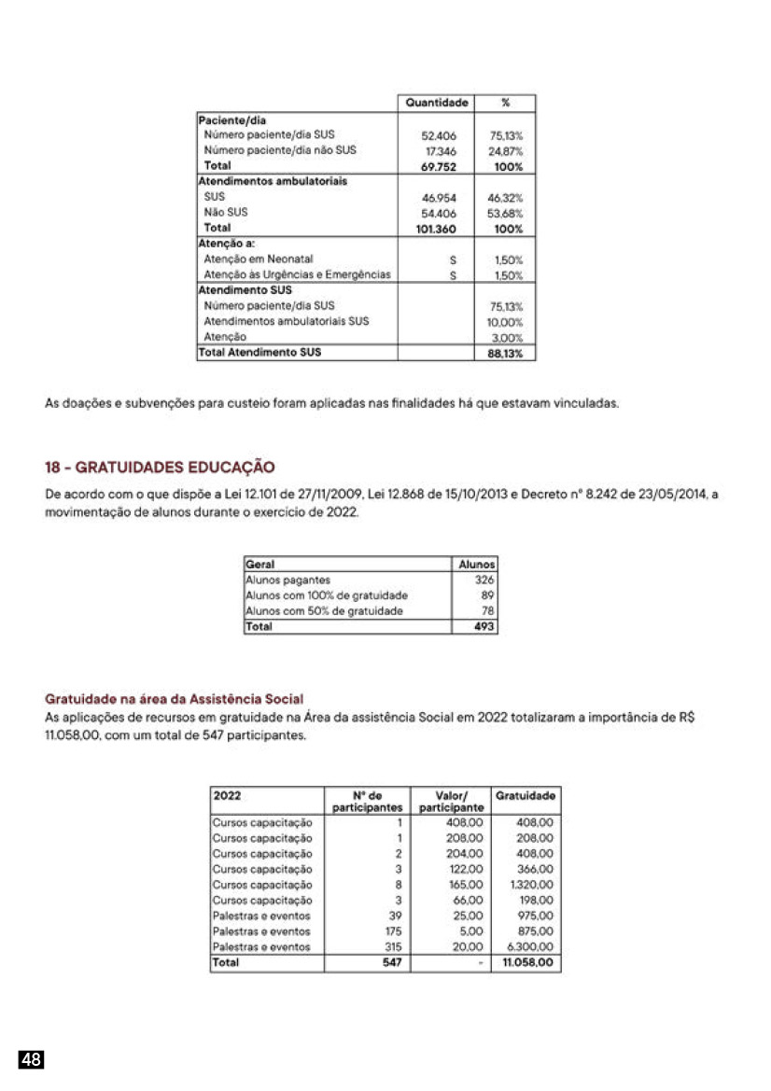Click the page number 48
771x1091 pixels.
point(32,1059)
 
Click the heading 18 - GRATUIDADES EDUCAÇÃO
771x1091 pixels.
point(160,467)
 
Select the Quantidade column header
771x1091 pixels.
point(436,103)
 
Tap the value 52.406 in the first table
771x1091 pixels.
point(439,134)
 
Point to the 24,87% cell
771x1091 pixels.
point(507,150)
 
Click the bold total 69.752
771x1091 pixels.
point(439,166)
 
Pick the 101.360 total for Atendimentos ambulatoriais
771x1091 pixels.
point(437,229)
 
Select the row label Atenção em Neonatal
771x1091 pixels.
point(259,259)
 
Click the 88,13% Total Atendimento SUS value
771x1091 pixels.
point(505,354)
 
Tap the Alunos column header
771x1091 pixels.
point(477,565)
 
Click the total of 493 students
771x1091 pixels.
point(483,627)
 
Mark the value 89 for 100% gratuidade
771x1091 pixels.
point(486,595)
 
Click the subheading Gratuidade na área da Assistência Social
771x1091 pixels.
point(175,698)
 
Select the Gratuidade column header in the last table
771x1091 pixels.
point(526,796)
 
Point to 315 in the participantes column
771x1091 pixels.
point(393,946)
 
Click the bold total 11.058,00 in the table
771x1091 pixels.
point(528,962)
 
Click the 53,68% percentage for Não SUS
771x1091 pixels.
point(505,213)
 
